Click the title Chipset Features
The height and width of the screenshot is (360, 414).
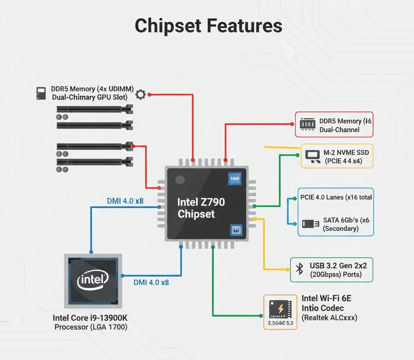click(208, 26)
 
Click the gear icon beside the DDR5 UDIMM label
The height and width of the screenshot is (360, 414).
click(140, 94)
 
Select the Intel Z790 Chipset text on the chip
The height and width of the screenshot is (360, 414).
click(201, 208)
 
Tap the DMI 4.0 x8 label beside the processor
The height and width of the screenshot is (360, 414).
click(151, 282)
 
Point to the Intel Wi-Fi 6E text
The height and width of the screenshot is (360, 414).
click(327, 299)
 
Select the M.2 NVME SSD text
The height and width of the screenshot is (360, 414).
click(343, 152)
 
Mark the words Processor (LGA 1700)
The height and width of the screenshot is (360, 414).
click(91, 327)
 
